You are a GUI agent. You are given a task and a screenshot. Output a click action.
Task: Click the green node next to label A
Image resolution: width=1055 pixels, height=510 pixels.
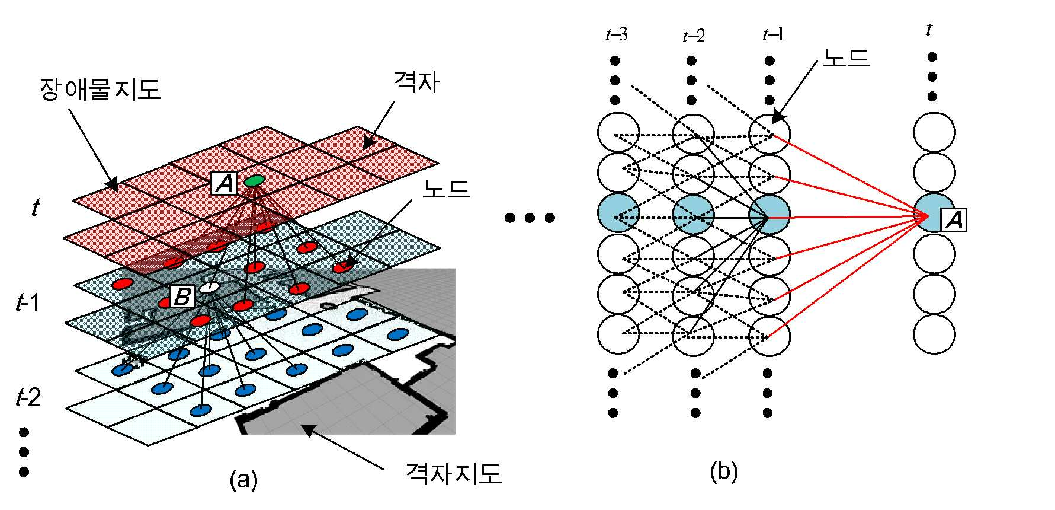254,180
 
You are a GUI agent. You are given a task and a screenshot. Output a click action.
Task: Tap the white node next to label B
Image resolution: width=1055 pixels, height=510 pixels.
210,288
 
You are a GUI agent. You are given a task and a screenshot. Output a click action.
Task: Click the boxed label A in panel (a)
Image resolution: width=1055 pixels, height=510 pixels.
225,183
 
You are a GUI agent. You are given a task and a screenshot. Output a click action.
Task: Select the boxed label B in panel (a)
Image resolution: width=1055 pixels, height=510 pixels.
182,296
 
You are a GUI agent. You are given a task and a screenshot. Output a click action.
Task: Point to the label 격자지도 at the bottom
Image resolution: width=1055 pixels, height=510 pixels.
453,473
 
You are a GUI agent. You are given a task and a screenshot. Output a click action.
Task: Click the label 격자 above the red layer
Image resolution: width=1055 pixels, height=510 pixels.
417,81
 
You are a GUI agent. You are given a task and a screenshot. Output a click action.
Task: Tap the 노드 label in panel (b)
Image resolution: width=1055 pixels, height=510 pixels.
846,58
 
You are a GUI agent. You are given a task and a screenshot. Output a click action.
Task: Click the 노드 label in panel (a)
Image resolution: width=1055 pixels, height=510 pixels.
446,189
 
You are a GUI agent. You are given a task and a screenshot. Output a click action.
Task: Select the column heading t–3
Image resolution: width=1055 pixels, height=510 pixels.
616,35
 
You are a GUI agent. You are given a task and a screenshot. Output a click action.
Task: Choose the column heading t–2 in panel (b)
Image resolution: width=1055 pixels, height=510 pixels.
694,36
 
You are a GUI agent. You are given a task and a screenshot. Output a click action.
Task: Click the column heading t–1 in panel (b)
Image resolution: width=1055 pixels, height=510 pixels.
773,35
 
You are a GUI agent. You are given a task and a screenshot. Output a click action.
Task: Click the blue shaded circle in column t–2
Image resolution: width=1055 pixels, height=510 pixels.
694,214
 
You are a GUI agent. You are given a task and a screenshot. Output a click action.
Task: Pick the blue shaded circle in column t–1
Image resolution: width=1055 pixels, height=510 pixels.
769,214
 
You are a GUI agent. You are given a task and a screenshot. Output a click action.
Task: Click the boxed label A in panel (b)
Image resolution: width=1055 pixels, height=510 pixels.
954,219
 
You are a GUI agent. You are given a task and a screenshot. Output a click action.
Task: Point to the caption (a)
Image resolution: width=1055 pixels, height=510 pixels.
243,479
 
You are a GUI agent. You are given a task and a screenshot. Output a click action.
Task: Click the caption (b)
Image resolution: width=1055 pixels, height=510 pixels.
723,472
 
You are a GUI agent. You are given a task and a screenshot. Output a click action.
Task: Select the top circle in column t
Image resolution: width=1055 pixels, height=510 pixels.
934,133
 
